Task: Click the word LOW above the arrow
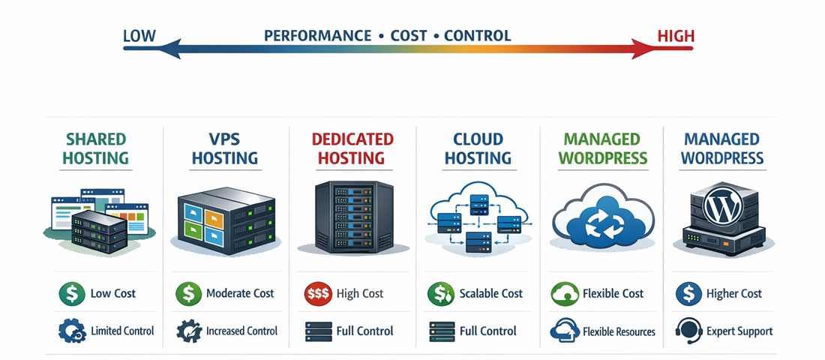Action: [139, 35]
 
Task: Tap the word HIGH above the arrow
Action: [675, 35]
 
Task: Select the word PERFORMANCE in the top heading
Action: [317, 35]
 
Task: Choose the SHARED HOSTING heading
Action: [95, 148]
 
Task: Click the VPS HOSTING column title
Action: [224, 148]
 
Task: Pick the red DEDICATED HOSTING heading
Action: [352, 148]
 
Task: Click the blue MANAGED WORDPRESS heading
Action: [721, 148]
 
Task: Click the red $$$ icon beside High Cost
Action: [319, 294]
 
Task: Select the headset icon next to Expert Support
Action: [688, 331]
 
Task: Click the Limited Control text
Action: [122, 331]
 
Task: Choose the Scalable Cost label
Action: [491, 294]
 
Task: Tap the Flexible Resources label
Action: [618, 331]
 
